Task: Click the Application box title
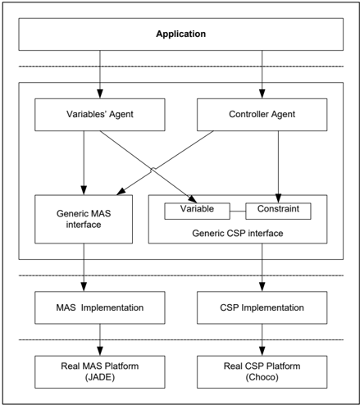pos(181,34)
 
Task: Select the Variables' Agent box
pos(100,115)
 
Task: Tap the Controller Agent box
pos(262,115)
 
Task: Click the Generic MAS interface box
pos(84,219)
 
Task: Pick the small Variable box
pos(197,211)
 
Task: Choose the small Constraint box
pos(278,211)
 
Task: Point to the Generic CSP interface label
pos(238,233)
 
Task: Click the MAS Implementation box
pos(100,307)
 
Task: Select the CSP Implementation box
pos(262,307)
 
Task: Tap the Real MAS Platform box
pos(100,371)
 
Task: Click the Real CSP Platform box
pos(262,371)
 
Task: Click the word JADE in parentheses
pos(100,377)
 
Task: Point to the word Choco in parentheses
pos(262,377)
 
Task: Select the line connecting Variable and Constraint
pos(238,212)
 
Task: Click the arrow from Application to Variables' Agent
pos(100,75)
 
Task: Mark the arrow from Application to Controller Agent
pos(262,75)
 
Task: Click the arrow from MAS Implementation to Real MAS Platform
pos(100,339)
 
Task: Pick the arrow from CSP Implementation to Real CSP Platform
pos(262,339)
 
